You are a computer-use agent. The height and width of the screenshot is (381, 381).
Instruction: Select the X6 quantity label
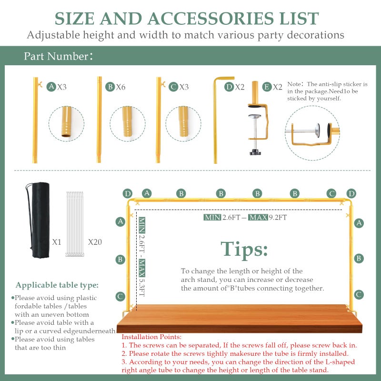pos(120,87)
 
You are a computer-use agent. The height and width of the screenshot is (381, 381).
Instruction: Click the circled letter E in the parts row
pos(267,87)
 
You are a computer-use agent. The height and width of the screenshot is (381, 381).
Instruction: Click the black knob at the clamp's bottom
pos(255,152)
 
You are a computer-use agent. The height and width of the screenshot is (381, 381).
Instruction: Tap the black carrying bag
pos(39,220)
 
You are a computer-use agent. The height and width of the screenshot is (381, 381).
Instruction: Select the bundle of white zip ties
pos(75,224)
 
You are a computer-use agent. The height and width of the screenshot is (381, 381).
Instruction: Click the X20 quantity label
pos(95,242)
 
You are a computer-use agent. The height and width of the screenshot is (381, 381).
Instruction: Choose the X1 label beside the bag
pos(57,242)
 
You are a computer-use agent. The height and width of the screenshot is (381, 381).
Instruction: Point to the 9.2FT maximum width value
pos(278,217)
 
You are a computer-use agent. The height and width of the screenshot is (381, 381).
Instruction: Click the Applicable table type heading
pos(57,285)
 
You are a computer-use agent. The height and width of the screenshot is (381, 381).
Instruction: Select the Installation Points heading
pos(151,337)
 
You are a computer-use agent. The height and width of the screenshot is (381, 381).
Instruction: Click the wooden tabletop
pos(240,318)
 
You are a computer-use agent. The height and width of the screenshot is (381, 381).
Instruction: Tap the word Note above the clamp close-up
pos(294,84)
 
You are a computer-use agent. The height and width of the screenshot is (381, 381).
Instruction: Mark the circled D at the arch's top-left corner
pos(128,194)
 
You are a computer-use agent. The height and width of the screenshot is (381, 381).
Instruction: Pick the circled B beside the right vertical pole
pos(359,258)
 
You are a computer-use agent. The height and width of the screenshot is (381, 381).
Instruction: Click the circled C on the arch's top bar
pos(331,194)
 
